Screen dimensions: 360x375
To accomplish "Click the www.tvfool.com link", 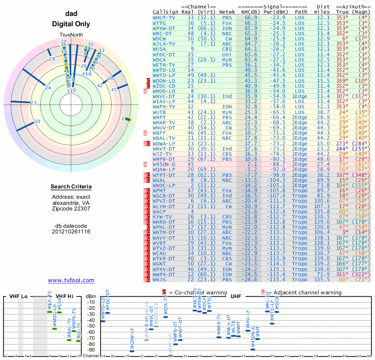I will tap(71, 280).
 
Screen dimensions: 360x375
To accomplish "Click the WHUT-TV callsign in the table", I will tap(164, 17).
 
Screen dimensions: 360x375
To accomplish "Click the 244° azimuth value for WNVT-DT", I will tap(344, 148).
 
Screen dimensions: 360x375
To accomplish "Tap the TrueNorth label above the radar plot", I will tap(71, 35).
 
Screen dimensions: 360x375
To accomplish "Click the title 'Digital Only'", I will tap(71, 24).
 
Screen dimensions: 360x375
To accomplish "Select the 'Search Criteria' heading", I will tap(71, 187).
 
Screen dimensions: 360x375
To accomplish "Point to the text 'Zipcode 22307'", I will tap(71, 209).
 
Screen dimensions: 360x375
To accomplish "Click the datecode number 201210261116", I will tap(71, 232).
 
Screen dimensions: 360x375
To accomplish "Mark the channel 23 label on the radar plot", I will tap(33, 103).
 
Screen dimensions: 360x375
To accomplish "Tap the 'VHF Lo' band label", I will tap(18, 296).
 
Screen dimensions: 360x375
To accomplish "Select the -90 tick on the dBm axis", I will tap(91, 350).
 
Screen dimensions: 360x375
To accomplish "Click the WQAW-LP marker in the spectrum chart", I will tap(132, 351).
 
